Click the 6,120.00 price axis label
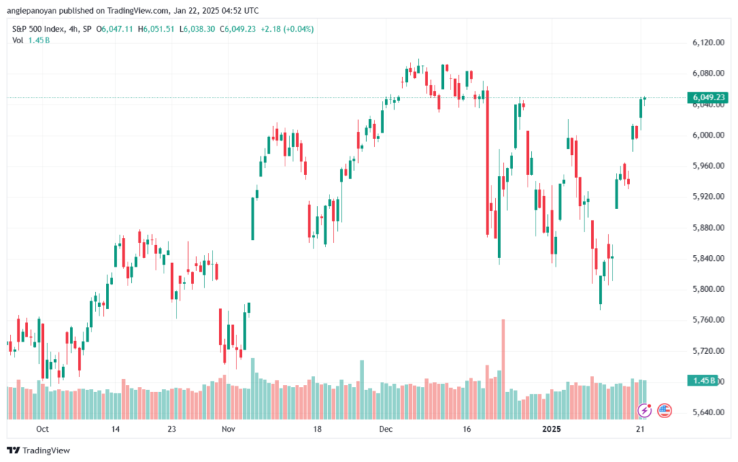(x=708, y=43)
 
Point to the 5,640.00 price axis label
(x=708, y=412)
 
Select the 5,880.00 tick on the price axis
(x=708, y=227)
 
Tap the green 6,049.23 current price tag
(x=708, y=97)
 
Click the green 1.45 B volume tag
(x=702, y=380)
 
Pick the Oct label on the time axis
(x=43, y=429)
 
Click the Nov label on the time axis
(x=228, y=429)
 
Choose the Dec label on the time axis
(x=386, y=429)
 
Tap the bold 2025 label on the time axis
(x=551, y=429)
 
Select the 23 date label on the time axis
(x=172, y=429)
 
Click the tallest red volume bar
(x=503, y=369)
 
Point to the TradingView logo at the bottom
(x=39, y=450)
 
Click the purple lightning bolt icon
(x=644, y=411)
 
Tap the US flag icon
(x=664, y=411)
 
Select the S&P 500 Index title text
(x=38, y=29)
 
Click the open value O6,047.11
(x=115, y=29)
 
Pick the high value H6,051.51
(x=156, y=29)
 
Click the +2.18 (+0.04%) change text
(x=287, y=29)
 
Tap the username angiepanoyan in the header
(x=32, y=11)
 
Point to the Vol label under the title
(x=18, y=40)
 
